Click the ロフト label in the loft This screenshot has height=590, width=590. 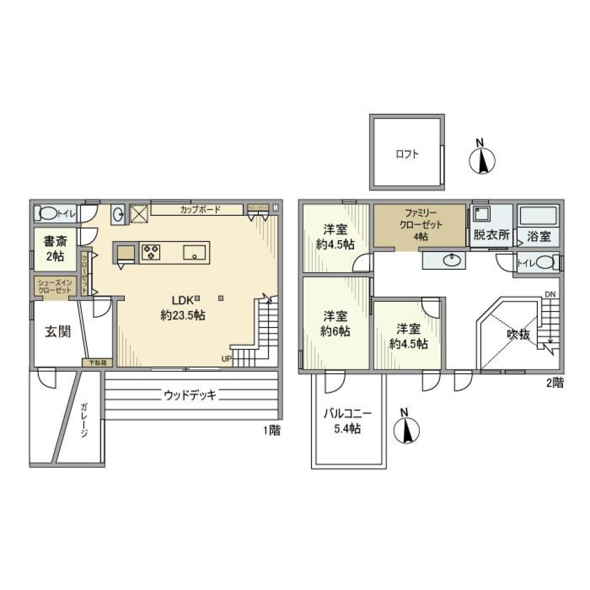[406, 154]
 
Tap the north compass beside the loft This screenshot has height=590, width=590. [482, 159]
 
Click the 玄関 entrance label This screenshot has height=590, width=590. [57, 332]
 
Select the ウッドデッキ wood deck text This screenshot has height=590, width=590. [190, 395]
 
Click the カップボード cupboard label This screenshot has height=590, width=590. [197, 210]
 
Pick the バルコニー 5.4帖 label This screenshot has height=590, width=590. [347, 422]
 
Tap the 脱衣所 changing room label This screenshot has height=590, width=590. [491, 234]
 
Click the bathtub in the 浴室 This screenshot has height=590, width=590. [538, 216]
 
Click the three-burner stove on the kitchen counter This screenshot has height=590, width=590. [151, 252]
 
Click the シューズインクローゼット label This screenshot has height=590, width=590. [55, 286]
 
